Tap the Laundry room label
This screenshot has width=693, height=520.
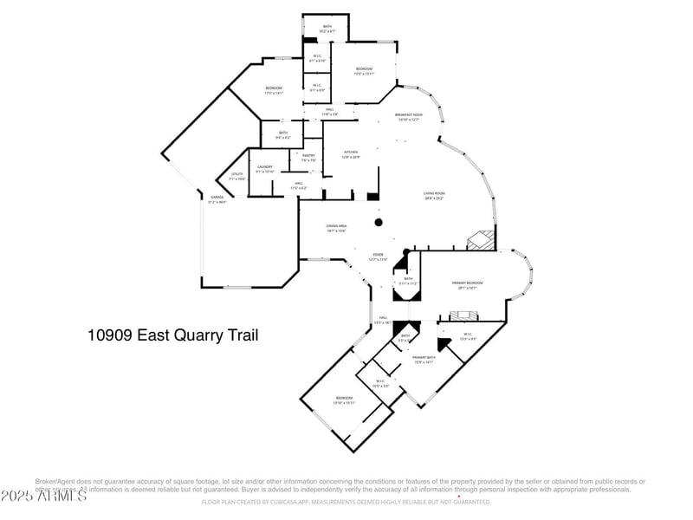pos(264,169)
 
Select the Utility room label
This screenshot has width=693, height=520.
pos(236,176)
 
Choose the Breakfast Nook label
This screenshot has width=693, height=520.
pos(408,117)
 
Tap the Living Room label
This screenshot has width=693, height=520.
pos(434,196)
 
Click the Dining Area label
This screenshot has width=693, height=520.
pos(337,228)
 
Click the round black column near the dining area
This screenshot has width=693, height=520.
pos(379,222)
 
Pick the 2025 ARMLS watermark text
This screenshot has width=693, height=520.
pos(43,495)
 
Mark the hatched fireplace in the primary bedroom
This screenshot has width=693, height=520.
pos(467,314)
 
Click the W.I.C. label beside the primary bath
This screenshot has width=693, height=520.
pos(467,337)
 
